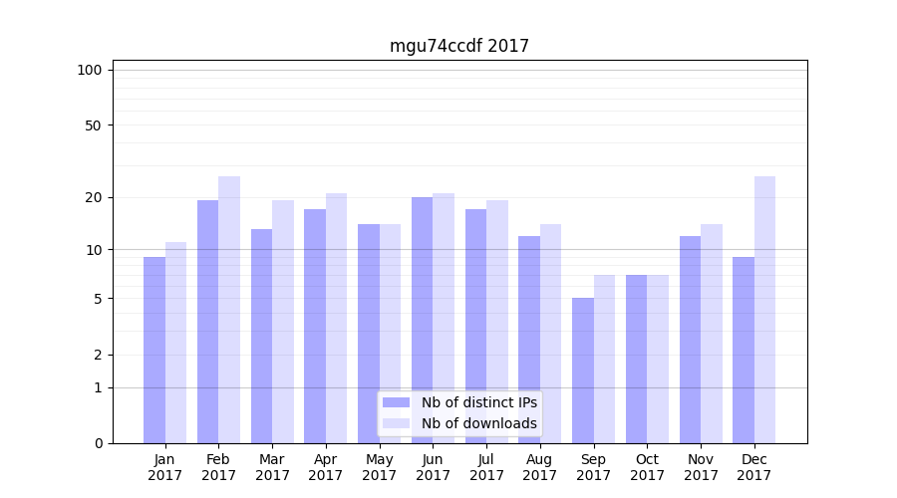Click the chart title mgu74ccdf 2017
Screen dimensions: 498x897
pyautogui.click(x=458, y=46)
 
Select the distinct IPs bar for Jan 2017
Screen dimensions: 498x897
pyautogui.click(x=154, y=350)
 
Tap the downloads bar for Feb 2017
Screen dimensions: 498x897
pyautogui.click(x=229, y=310)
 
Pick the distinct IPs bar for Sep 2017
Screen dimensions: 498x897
pyautogui.click(x=583, y=371)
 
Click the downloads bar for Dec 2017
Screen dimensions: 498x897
pyautogui.click(x=765, y=310)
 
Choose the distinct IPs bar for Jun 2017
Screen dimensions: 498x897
pyautogui.click(x=423, y=320)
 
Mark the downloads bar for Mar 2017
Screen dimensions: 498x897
pyautogui.click(x=283, y=322)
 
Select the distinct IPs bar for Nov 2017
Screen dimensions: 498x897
pyautogui.click(x=690, y=340)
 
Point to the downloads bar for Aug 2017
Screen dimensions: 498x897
pyautogui.click(x=551, y=334)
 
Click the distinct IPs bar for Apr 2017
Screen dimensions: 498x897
pyautogui.click(x=315, y=326)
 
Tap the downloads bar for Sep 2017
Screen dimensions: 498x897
pyautogui.click(x=605, y=359)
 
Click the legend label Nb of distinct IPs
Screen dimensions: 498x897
pyautogui.click(x=478, y=402)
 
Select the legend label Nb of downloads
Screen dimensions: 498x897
pyautogui.click(x=478, y=423)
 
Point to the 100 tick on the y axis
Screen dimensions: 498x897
pyautogui.click(x=90, y=70)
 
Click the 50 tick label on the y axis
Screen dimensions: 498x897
pyautogui.click(x=94, y=125)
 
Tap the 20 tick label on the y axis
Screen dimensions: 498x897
pyautogui.click(x=94, y=197)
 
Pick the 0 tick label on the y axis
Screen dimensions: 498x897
pyautogui.click(x=98, y=443)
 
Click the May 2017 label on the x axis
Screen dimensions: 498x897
pyautogui.click(x=380, y=467)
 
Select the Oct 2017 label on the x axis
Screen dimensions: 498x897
pyautogui.click(x=647, y=467)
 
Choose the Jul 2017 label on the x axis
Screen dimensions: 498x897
pyautogui.click(x=486, y=467)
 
